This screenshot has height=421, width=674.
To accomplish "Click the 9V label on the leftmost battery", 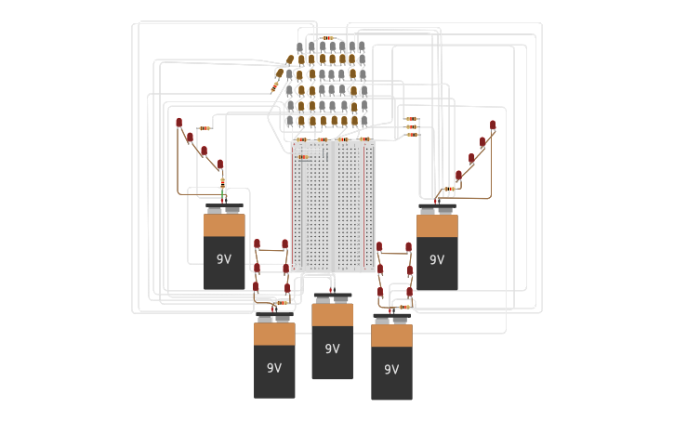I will point(224,259).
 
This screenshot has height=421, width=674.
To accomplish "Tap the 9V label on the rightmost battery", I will point(437,259).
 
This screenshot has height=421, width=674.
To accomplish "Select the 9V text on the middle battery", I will point(332,349).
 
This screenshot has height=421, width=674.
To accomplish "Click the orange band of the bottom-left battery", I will point(274,334).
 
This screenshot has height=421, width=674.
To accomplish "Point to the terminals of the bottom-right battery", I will point(391,319).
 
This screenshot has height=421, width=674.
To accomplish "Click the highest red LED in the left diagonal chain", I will point(179,123).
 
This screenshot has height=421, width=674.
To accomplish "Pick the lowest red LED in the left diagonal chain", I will point(220,164).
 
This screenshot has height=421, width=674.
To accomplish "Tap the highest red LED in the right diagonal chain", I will point(493,125).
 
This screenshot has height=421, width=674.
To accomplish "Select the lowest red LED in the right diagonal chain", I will point(458,175).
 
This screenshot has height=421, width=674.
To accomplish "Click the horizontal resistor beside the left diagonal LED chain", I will point(204,128).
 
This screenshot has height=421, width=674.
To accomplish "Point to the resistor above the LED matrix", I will point(328,38).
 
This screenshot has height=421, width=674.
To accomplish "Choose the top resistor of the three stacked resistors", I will point(411,119).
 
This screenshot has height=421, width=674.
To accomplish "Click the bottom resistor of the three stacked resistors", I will point(411,135).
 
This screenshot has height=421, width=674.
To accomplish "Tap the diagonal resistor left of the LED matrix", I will point(275,86).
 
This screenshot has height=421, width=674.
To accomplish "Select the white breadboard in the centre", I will point(334,206).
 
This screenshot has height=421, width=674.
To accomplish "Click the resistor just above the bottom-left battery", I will point(280,302).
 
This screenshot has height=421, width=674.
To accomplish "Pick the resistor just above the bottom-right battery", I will point(403,306).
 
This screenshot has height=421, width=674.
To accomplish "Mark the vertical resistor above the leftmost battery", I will point(223,182).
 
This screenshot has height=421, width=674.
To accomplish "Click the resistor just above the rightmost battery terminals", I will point(448,190).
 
